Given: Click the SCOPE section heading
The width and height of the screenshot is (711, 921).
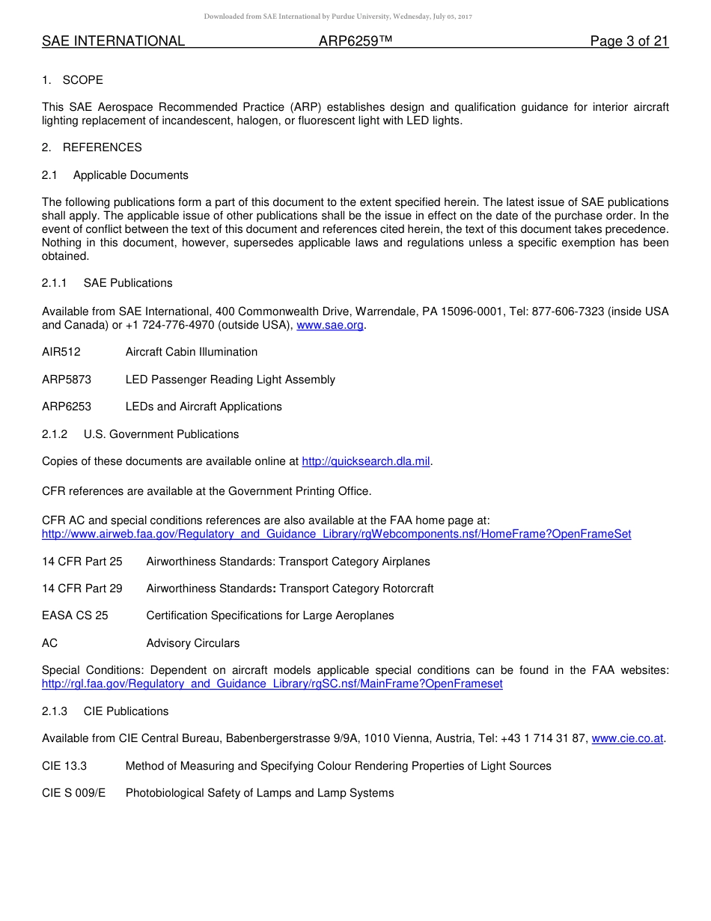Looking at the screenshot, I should (82, 80).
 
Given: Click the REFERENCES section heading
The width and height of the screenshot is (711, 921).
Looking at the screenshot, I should (102, 148).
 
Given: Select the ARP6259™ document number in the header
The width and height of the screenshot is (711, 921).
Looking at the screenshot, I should (355, 41).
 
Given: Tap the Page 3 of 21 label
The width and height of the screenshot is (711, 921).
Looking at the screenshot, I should (629, 41).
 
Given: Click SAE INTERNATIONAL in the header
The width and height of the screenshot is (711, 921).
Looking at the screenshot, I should (113, 41).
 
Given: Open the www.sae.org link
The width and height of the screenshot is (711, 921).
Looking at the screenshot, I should (330, 325).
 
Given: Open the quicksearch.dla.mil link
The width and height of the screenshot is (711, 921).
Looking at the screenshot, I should (366, 461).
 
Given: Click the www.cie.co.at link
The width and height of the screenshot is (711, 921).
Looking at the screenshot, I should (627, 738).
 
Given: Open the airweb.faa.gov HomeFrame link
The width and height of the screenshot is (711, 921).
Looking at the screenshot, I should (336, 534).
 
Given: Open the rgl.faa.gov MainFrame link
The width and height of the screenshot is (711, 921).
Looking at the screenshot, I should (272, 684).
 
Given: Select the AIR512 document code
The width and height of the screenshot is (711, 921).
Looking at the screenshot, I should (61, 352).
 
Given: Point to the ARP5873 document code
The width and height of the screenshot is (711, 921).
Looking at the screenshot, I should (67, 380).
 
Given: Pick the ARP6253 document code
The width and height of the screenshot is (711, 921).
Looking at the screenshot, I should (67, 407).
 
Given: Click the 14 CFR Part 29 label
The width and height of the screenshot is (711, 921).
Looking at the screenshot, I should (82, 589).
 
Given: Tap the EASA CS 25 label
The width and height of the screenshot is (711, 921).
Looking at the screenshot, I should (75, 615).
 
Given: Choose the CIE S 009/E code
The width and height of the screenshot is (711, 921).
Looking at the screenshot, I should (73, 793).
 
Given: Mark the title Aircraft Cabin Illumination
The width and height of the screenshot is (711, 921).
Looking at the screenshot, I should (192, 352).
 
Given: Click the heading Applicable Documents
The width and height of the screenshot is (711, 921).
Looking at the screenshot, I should (131, 175).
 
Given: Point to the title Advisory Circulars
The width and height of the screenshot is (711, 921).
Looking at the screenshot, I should (193, 643).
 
